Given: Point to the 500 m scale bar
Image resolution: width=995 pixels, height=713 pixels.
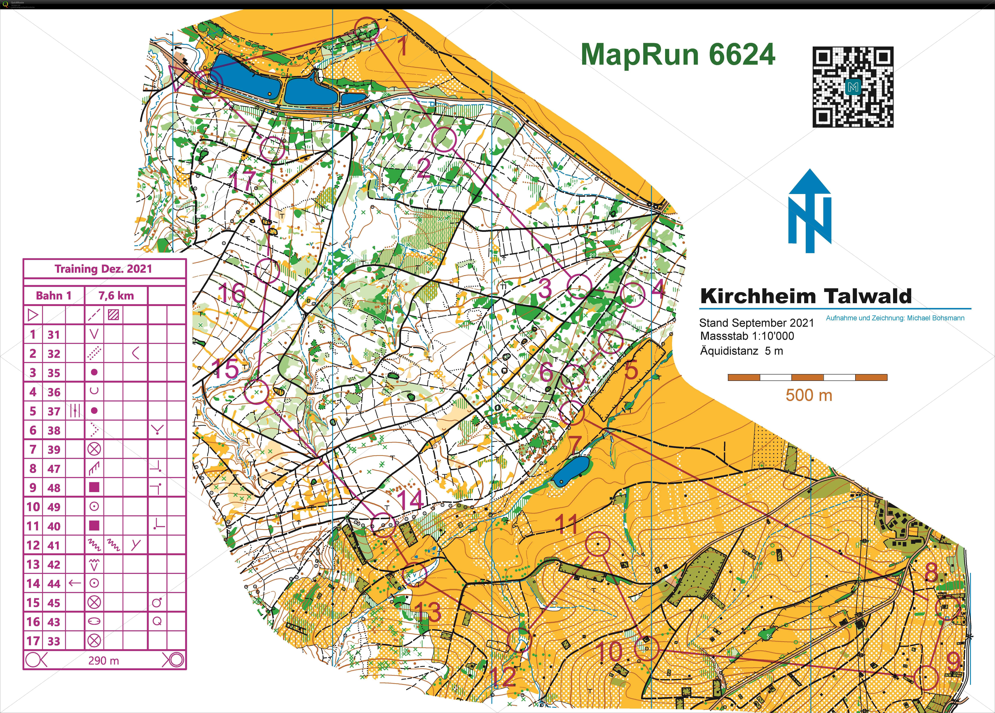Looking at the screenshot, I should coord(807,377).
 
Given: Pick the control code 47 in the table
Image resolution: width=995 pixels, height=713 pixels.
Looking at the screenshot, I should coord(54,469).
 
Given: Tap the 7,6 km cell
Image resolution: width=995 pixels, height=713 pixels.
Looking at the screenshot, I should coord(116,296).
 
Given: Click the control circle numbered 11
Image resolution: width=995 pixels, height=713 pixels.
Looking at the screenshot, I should coord(598,544).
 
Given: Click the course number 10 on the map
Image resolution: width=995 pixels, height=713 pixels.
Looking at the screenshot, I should coord(610,651).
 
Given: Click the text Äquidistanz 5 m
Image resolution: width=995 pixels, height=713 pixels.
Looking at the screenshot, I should coord(741,351).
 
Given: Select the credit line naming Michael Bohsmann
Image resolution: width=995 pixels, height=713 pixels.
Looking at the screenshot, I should coord(895,318).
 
